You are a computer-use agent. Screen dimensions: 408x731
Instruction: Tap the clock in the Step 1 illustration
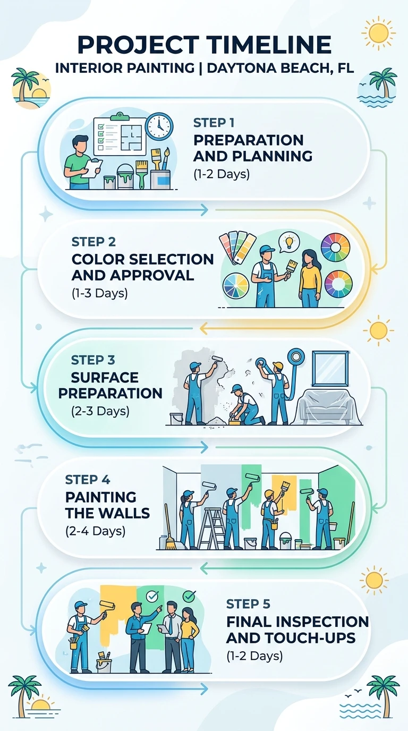pyautogui.click(x=159, y=126)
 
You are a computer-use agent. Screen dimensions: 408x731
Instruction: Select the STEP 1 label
pyautogui.click(x=214, y=123)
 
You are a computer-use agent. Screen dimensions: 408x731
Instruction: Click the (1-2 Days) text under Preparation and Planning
pyautogui.click(x=222, y=174)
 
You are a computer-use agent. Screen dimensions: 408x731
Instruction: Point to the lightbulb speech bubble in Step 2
pyautogui.click(x=288, y=242)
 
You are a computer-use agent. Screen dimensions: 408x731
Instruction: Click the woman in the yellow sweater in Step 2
pyautogui.click(x=310, y=278)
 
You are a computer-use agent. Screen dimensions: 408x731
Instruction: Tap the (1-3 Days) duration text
pyautogui.click(x=99, y=293)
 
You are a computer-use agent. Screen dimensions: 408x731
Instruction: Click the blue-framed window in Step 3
pyautogui.click(x=330, y=369)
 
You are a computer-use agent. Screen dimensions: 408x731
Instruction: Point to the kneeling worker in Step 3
pyautogui.click(x=245, y=405)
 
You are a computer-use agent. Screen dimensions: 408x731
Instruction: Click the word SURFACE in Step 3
pyautogui.click(x=105, y=378)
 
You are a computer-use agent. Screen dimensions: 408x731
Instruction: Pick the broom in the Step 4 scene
pyautogui.click(x=170, y=528)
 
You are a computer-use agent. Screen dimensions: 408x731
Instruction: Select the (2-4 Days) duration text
pyautogui.click(x=95, y=531)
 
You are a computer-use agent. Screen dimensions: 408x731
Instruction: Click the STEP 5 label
pyautogui.click(x=248, y=604)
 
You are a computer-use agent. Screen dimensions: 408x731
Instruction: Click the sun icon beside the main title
pyautogui.click(x=378, y=33)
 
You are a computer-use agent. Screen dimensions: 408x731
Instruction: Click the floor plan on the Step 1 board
pyautogui.click(x=132, y=135)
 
